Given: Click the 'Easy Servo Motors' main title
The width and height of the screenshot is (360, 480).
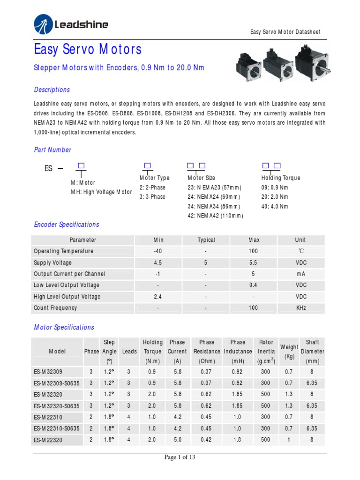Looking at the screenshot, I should [88, 49].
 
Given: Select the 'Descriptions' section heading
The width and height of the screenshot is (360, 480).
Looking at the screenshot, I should [52, 90].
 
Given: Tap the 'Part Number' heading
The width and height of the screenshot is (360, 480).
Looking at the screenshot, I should [52, 150].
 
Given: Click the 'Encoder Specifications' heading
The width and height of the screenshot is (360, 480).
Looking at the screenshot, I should [67, 225].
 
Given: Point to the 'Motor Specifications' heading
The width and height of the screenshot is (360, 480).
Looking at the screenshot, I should [64, 327].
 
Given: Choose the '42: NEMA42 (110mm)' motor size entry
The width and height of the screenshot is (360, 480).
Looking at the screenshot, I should [216, 216].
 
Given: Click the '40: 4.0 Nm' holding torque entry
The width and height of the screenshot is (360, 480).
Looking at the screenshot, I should [275, 206].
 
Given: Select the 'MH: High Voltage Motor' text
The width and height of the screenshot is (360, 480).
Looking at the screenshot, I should [101, 192].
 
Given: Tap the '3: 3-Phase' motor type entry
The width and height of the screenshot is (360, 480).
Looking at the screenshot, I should [152, 197].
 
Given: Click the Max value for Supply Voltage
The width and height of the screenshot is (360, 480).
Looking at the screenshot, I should [253, 262].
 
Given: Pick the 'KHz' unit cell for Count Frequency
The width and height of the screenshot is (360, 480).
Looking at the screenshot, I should [301, 308].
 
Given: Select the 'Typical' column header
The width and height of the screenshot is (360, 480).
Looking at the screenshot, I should [206, 240].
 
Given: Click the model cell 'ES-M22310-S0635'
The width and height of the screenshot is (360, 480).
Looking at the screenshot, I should [57, 428].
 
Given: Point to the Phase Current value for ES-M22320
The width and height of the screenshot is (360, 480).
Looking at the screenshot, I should [177, 440].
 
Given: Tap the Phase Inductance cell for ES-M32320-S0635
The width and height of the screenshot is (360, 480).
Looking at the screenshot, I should [238, 405].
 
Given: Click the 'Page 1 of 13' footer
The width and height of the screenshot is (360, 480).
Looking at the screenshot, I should [180, 457].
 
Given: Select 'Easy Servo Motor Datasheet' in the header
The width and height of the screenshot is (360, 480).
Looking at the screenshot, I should [285, 32].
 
